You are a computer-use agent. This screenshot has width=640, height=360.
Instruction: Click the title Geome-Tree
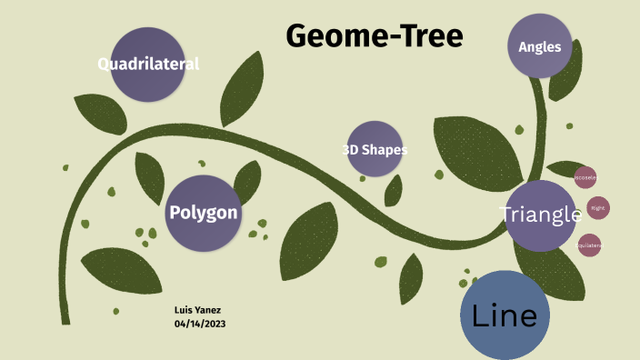pyautogui.click(x=375, y=35)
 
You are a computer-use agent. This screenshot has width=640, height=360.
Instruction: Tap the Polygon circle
pyautogui.click(x=203, y=213)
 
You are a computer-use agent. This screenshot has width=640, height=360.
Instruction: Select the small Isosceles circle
pyautogui.click(x=585, y=178)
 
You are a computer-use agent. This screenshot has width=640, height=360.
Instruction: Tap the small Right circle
pyautogui.click(x=597, y=208)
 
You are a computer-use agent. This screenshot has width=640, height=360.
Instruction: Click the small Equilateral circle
pyautogui.click(x=589, y=245)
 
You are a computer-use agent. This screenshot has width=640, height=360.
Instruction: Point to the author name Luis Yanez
pyautogui.click(x=197, y=310)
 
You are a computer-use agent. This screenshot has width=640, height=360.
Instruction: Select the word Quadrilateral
pyautogui.click(x=148, y=64)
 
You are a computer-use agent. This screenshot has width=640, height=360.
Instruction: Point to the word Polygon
pyautogui.click(x=203, y=213)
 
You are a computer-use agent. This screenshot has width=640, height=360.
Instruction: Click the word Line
pyautogui.click(x=505, y=315)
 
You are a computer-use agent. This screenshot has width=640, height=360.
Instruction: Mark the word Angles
pyautogui.click(x=539, y=47)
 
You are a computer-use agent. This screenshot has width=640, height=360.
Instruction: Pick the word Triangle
pyautogui.click(x=541, y=215)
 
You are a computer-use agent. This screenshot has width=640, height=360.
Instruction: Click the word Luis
pyautogui.click(x=185, y=310)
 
